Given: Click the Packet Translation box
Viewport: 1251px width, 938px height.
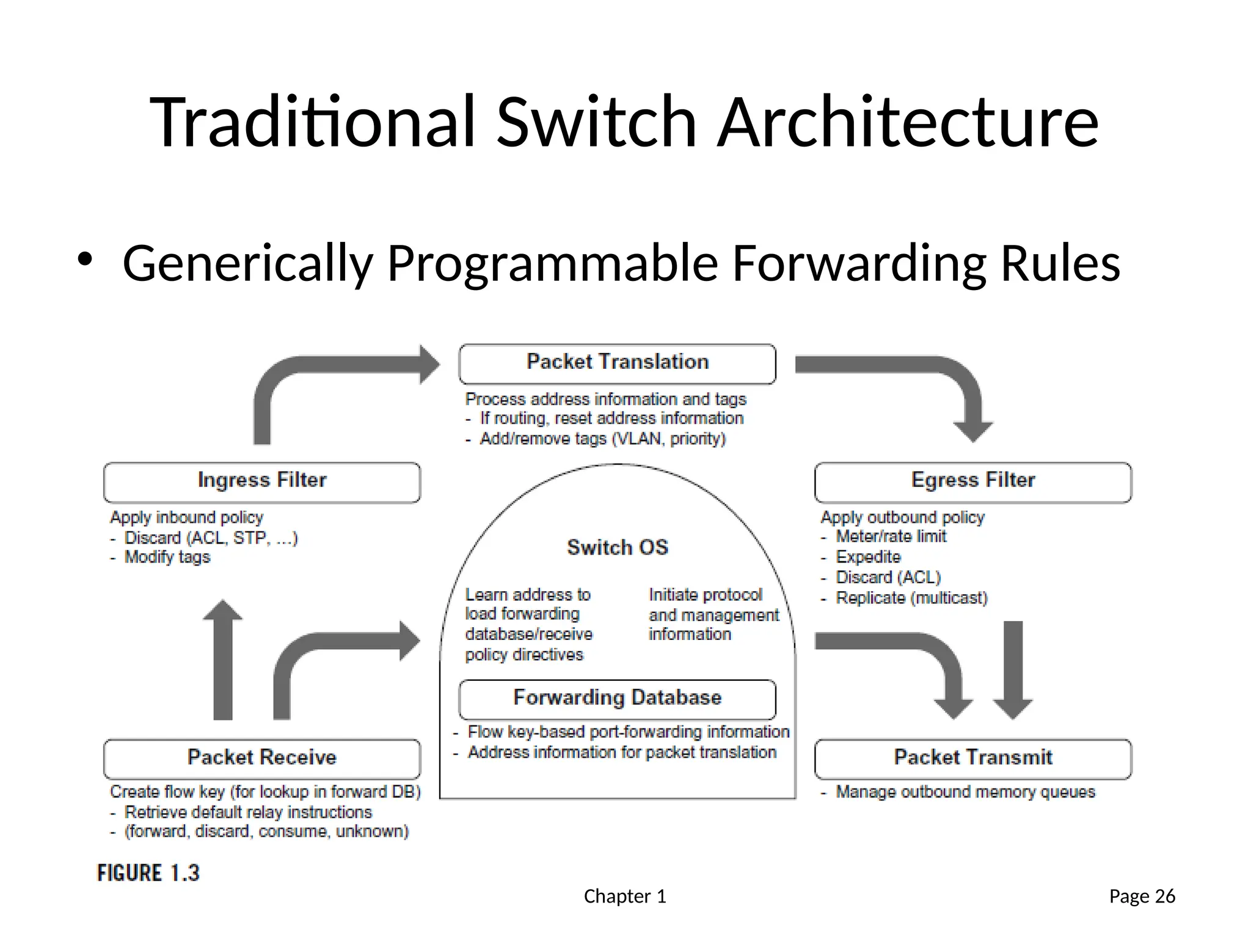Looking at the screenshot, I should point(617,364).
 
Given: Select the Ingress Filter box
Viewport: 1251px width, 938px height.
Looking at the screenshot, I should point(262,482).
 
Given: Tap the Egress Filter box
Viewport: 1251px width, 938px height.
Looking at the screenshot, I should point(973,482).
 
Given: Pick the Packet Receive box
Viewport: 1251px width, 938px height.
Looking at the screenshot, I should point(262,759).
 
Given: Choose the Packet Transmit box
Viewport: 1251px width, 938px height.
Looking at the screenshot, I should point(973,759).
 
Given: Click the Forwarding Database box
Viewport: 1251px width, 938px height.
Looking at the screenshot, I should point(617,699).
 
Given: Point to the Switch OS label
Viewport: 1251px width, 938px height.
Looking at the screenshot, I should point(618,547).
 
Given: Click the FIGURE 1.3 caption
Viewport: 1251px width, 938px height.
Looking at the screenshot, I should point(148,873).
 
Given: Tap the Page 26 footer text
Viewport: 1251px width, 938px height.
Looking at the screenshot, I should point(1142,896).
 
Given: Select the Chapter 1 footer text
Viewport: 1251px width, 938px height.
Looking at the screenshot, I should point(625,896).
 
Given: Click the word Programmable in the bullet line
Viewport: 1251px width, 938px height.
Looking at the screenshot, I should point(552,263).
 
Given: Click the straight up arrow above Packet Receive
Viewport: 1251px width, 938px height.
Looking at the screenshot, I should point(223,660).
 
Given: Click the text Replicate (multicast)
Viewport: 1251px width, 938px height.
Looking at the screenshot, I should point(911,598).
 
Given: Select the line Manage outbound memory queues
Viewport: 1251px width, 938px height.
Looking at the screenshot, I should point(965,792).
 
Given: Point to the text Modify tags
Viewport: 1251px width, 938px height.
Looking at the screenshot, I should point(167,558).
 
